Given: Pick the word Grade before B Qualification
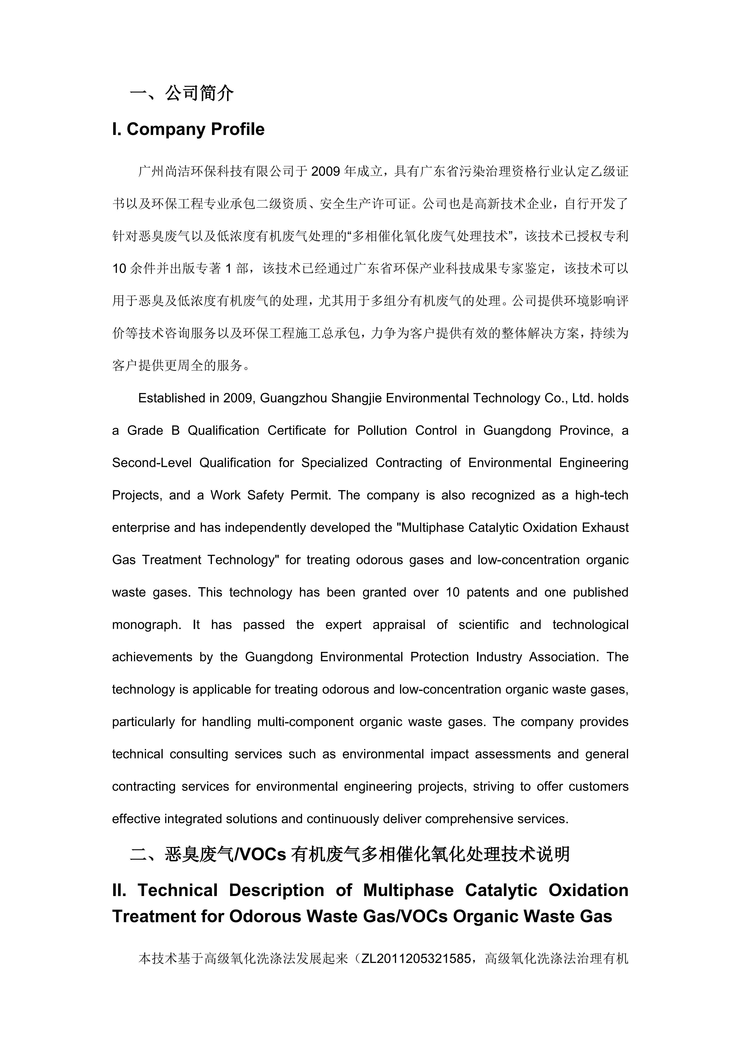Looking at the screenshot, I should coord(145,430).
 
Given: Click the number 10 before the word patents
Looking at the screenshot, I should coord(453,592).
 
